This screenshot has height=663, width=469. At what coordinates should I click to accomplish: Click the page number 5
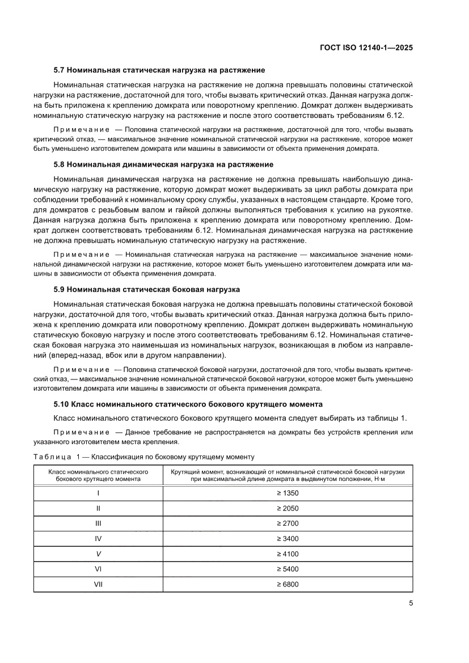coord(411,603)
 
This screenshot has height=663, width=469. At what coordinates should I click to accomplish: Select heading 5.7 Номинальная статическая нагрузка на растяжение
coord(159,70)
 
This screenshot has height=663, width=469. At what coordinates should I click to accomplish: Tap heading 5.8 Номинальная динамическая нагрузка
coord(163,164)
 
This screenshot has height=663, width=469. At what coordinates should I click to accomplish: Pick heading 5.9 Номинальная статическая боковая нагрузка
coord(147,289)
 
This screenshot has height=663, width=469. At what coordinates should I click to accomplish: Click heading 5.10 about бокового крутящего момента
coord(188,404)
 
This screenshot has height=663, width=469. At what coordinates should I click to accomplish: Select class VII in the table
coord(98,584)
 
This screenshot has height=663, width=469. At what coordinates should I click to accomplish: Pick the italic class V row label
coord(98,554)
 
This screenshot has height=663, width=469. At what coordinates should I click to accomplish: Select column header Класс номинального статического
coord(98,475)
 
